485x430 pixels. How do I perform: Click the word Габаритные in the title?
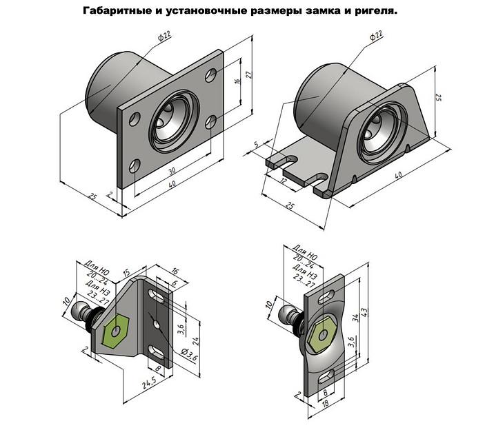pyautogui.click(x=115, y=12)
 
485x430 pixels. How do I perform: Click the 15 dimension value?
pyautogui.click(x=126, y=274)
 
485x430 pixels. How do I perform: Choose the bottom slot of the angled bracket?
pyautogui.click(x=158, y=354)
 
